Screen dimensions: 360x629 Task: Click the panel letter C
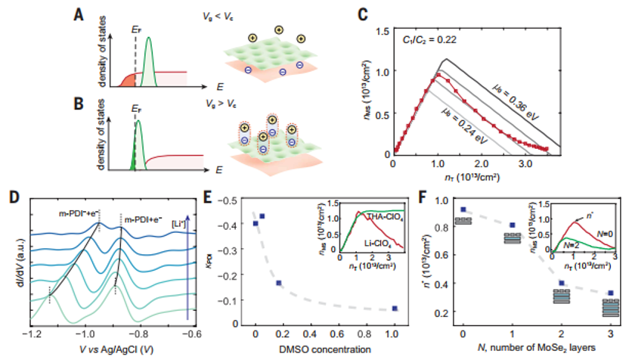pos(364,14)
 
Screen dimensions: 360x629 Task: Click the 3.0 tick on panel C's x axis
pos(522,163)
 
